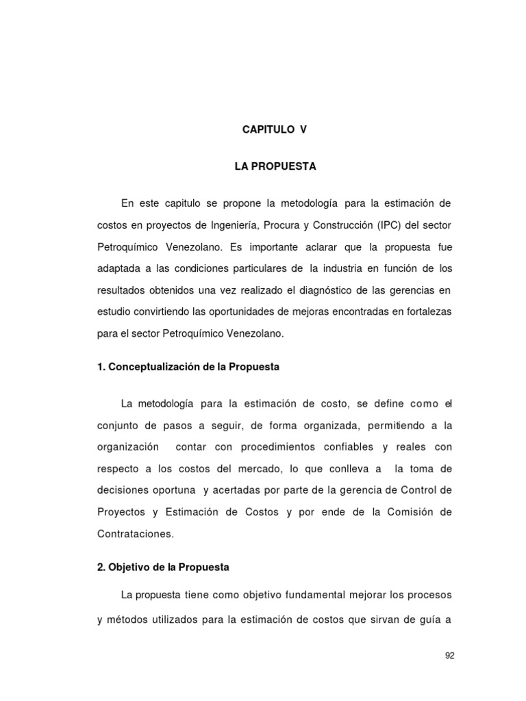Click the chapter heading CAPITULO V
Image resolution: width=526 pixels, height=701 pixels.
[x=275, y=129]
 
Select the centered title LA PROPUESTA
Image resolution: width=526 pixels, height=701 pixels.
[x=275, y=166]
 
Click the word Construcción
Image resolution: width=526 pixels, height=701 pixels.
[x=327, y=225]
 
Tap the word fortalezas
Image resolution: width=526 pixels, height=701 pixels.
[x=425, y=312]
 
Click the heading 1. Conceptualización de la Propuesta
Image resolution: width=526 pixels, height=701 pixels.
[x=188, y=367]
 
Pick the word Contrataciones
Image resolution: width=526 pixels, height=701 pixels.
[x=136, y=534]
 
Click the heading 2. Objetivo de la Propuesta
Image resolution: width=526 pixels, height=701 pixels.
[x=163, y=568]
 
